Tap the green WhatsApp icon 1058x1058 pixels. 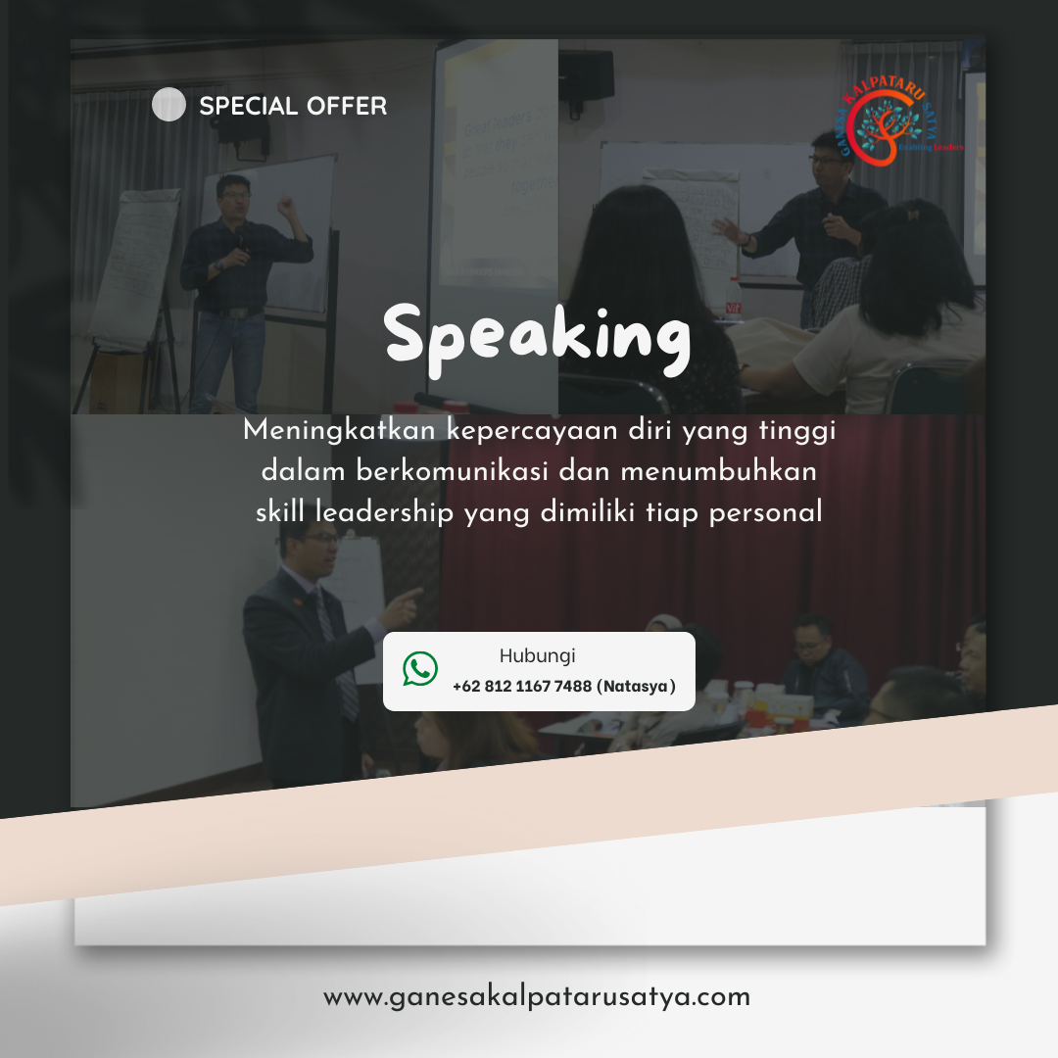(x=420, y=669)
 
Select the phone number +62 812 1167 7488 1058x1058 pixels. (x=522, y=687)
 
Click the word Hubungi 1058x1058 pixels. (x=537, y=656)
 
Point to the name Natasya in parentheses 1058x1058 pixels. (x=637, y=687)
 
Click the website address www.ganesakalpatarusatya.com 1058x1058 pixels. (x=537, y=997)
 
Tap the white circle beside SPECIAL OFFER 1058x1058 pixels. (x=168, y=105)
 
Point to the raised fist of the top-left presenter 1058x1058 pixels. (x=285, y=206)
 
